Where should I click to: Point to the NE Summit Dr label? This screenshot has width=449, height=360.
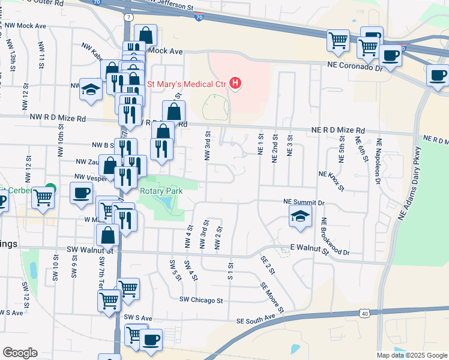coord(303,203)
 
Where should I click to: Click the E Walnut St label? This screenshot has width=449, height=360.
coord(310,249)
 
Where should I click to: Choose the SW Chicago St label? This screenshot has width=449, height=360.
coord(201,300)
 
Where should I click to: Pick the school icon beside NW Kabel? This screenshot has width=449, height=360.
coord(91,89)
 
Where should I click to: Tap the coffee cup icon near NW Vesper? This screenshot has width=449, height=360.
coord(81,193)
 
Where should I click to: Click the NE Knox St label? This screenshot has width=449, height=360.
coord(332,180)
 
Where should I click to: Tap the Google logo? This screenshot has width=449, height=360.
coord(20,353)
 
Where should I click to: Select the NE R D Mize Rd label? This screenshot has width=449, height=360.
coord(338,130)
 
